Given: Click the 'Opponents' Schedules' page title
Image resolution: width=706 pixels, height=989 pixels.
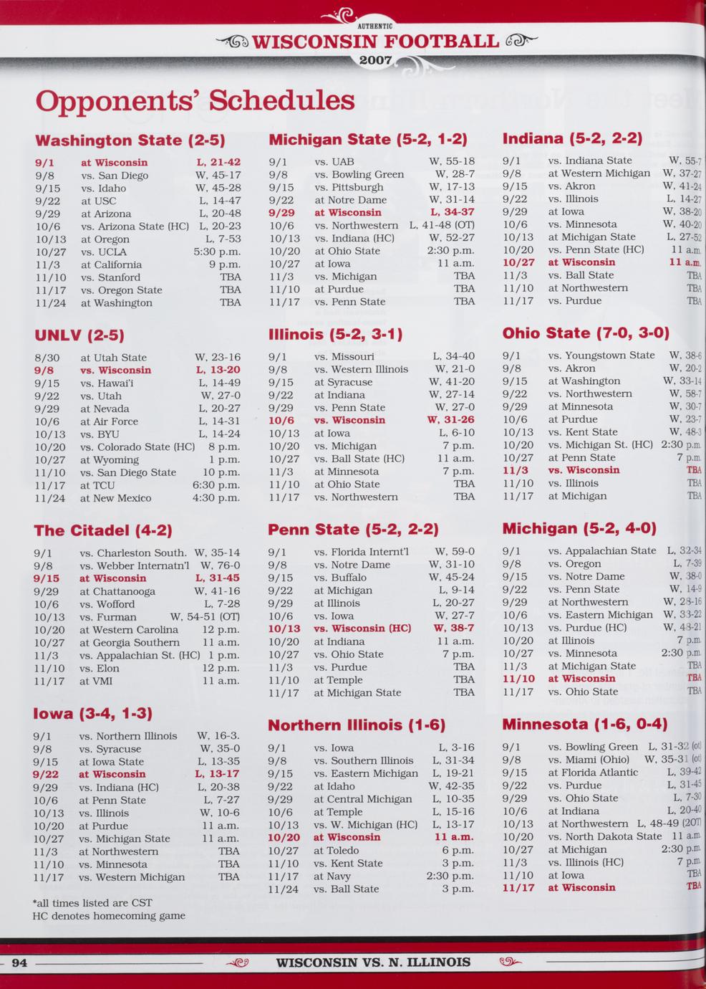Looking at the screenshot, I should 195,100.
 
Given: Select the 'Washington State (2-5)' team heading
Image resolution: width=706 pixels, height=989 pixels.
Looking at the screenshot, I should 130,140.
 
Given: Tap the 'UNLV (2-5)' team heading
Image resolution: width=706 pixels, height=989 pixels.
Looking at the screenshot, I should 79,335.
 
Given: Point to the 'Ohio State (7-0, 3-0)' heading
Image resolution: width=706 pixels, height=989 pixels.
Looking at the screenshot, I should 586,333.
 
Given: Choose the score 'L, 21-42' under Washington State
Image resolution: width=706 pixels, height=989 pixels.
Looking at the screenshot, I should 218,163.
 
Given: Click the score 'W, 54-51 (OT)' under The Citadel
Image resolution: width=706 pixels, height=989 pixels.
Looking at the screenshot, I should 204,617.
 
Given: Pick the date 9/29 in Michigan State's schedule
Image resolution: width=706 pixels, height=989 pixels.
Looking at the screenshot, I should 281,213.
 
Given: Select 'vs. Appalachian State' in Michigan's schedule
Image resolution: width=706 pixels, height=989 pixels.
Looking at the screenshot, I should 601,551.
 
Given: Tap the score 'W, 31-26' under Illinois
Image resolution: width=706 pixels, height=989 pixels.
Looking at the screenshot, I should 450,421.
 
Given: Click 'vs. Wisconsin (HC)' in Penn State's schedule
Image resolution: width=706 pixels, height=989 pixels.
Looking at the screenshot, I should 362,629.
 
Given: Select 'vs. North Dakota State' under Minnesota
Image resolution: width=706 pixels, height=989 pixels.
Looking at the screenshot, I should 604,836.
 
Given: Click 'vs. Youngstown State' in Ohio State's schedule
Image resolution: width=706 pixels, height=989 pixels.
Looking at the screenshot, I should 601,355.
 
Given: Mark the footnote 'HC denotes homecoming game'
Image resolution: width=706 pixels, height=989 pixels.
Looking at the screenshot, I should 109,916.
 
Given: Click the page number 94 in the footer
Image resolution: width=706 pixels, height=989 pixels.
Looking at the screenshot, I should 19,962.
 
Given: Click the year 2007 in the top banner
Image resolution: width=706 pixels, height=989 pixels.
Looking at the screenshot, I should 375,60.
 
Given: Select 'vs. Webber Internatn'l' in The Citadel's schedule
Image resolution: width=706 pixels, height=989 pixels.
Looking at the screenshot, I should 134,566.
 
